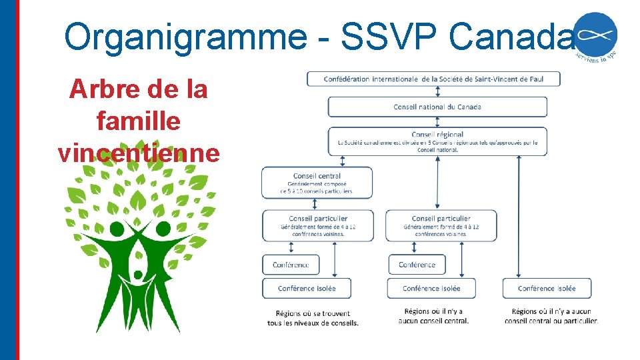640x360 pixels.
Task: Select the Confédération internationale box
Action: pos(433,79)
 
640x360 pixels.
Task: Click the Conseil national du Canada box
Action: pos(437,107)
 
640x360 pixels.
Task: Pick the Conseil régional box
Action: pos(437,141)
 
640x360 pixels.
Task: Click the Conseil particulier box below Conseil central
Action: pos(318,226)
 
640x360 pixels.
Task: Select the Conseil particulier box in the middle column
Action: pos(441,226)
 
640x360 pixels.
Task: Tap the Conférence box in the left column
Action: pos(291,265)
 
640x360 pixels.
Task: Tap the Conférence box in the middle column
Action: pos(417,265)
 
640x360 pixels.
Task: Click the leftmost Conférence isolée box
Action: pos(307,288)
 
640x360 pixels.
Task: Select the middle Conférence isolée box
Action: pos(431,288)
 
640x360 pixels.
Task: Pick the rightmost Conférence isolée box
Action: pos(547,288)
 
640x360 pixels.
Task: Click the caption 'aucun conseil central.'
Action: pos(433,321)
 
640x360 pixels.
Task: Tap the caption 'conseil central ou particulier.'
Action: pos(551,321)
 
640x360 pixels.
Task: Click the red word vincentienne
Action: pos(139,153)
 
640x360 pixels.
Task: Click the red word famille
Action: pos(139,121)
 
